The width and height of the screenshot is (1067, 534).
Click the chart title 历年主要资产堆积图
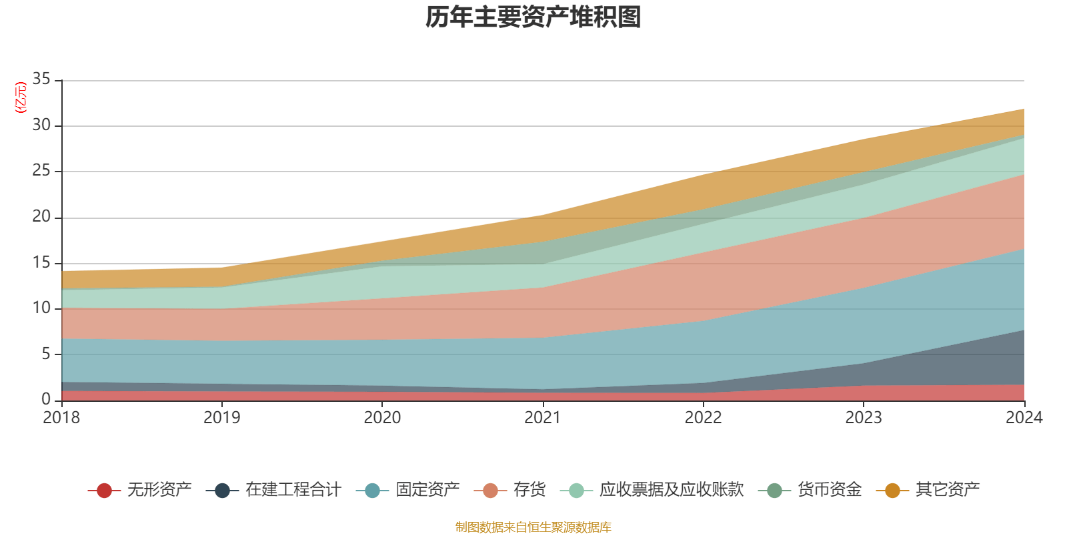pos(533,17)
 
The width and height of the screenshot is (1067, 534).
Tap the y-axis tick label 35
pos(41,79)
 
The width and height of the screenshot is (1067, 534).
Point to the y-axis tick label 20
pos(41,216)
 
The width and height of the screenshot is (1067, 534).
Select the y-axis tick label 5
pos(46,354)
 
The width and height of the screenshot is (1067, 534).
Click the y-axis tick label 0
pos(46,399)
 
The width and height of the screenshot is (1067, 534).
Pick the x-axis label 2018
pos(61,418)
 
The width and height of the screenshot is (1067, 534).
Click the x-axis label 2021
pos(543,418)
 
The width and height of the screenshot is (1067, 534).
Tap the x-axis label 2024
pos(1024,418)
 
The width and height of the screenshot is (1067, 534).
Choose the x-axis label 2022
pos(703,418)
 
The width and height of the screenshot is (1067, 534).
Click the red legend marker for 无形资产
pos(104,491)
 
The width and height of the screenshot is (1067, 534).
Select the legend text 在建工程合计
pos(293,490)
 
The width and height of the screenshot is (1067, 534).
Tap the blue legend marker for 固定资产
pos(372,491)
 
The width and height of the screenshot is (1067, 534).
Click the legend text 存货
pos(529,490)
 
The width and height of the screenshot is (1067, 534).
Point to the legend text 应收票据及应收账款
pos(671,490)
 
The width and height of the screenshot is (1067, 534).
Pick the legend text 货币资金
pos(830,490)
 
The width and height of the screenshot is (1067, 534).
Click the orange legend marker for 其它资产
pos(892,491)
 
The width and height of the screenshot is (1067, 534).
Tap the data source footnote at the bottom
pos(533,527)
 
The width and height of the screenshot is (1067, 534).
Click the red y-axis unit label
pos(21,97)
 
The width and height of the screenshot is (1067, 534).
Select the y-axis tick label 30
pos(41,125)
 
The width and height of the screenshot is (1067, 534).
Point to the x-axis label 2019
pos(221,418)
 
